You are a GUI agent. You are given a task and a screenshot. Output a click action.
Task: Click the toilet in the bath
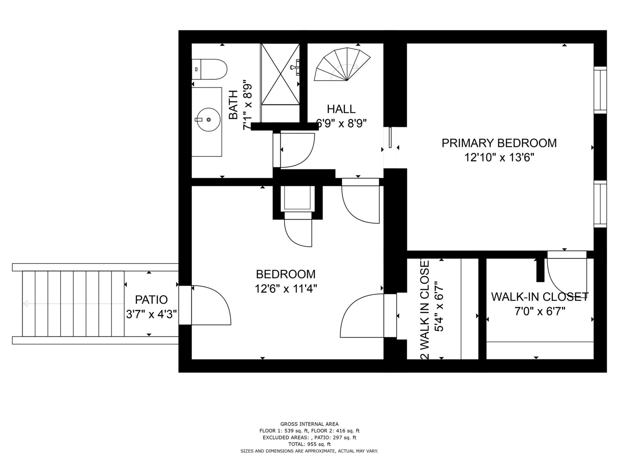pyautogui.click(x=210, y=69)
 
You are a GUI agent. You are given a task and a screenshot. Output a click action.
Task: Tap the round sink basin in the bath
pyautogui.click(x=209, y=120)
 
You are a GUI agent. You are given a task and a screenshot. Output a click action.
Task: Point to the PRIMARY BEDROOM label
pyautogui.click(x=499, y=143)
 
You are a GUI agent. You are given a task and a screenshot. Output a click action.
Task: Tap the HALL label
pyautogui.click(x=341, y=109)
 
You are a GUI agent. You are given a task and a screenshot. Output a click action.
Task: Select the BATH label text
pyautogui.click(x=233, y=105)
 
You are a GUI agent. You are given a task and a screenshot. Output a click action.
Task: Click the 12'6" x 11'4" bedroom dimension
pyautogui.click(x=286, y=289)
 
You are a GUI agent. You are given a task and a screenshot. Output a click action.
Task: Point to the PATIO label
pyautogui.click(x=151, y=300)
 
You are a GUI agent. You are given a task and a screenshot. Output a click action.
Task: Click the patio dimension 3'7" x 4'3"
pyautogui.click(x=151, y=314)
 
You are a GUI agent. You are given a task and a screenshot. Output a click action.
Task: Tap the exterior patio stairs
pyautogui.click(x=73, y=304)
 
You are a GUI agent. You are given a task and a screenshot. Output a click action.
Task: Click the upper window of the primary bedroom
pyautogui.click(x=600, y=90)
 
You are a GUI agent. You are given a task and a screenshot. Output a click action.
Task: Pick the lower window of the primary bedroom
pyautogui.click(x=600, y=204)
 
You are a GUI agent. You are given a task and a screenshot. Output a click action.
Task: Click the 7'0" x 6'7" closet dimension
pyautogui.click(x=540, y=311)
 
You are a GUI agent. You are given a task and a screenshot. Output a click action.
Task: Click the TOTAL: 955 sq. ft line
pyautogui.click(x=309, y=444)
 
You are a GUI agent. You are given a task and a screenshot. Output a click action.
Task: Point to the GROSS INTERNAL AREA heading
pyautogui.click(x=309, y=424)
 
